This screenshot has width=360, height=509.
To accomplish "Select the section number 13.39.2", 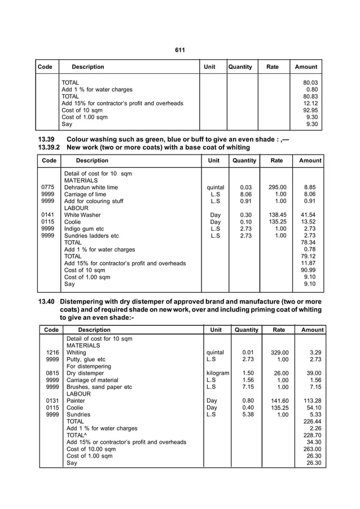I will click(49, 147).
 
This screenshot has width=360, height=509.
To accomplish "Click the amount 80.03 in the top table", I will click(310, 82).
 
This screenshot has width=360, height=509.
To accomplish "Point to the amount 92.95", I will click(310, 111).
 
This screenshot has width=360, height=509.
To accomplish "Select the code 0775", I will click(49, 187).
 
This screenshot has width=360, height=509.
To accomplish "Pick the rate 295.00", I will click(277, 187).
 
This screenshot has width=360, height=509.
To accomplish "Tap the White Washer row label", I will click(82, 215).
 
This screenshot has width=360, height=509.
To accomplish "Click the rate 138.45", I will click(277, 215).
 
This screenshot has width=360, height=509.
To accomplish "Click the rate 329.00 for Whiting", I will click(279, 352).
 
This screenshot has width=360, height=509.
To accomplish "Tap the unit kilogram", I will click(218, 373).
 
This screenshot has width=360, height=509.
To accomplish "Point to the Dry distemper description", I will click(85, 373).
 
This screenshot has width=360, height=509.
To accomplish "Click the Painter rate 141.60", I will click(279, 401).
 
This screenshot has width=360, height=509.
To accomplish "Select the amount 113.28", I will click(311, 401).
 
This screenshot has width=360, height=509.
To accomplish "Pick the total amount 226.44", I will click(311, 421).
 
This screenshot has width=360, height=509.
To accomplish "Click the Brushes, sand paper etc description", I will click(99, 387).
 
